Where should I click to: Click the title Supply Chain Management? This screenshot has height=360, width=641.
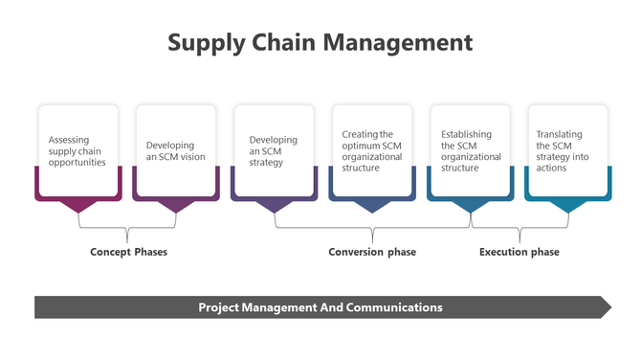[x=320, y=43]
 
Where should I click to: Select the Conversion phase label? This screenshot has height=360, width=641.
[x=372, y=252]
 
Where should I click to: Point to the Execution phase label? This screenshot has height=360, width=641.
[x=519, y=252]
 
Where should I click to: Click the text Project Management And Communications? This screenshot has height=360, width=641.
[x=320, y=307]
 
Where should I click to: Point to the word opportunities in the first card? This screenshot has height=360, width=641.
[x=77, y=163]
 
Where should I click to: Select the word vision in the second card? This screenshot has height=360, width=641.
[x=191, y=157]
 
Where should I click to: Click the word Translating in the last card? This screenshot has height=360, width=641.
[x=559, y=135]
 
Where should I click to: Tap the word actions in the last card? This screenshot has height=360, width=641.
[x=551, y=168]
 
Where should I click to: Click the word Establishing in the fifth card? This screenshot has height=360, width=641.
[x=466, y=135]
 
